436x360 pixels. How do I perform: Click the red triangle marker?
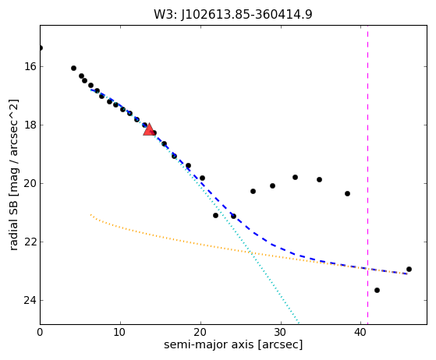pyautogui.click(x=149, y=129)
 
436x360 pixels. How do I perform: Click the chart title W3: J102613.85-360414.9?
pyautogui.click(x=233, y=15)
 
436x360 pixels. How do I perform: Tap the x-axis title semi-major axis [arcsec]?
pyautogui.click(x=233, y=344)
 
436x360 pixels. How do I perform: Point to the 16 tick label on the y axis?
pyautogui.click(x=30, y=67)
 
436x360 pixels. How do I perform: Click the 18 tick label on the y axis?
pyautogui.click(x=30, y=125)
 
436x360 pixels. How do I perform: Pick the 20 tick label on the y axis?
pyautogui.click(x=30, y=183)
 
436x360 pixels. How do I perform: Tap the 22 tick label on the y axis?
pyautogui.click(x=30, y=242)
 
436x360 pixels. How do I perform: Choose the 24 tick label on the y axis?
pyautogui.click(x=30, y=300)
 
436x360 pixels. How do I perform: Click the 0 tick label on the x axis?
pyautogui.click(x=40, y=332)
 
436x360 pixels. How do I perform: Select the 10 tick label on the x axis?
pyautogui.click(x=120, y=332)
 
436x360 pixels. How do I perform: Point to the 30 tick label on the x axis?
pyautogui.click(x=281, y=332)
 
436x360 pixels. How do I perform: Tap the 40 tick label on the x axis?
pyautogui.click(x=361, y=332)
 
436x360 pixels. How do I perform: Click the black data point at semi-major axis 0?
pyautogui.click(x=41, y=48)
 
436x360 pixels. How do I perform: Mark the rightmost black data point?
pyautogui.click(x=409, y=269)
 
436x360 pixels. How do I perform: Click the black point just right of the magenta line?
pyautogui.click(x=377, y=291)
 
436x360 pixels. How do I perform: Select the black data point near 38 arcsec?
pyautogui.click(x=347, y=193)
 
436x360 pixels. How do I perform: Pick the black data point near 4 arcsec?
pyautogui.click(x=73, y=69)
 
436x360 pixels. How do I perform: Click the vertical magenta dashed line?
pyautogui.click(x=368, y=175)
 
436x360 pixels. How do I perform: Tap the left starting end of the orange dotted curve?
pyautogui.click(x=90, y=214)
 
